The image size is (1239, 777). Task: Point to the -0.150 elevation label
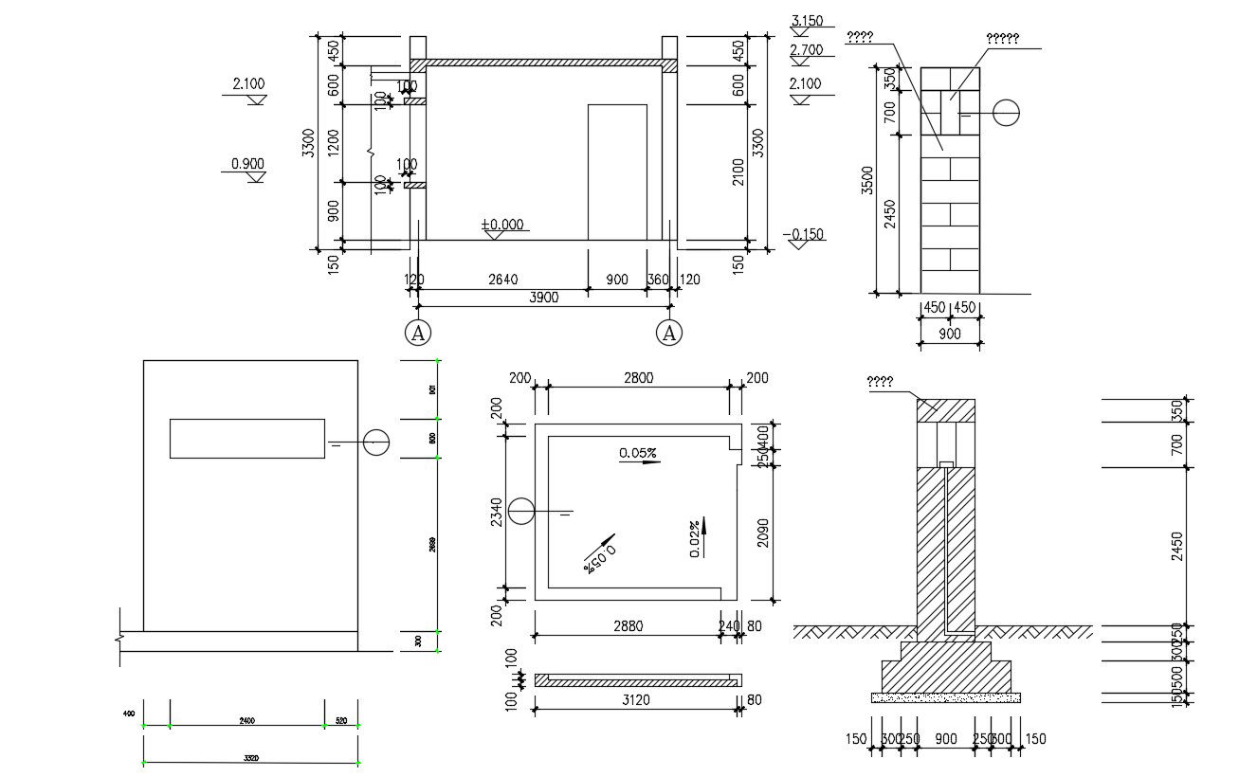tap(803, 234)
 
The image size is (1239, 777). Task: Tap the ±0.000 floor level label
tap(502, 225)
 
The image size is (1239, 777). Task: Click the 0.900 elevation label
tap(247, 164)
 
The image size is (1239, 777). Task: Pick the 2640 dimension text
tap(502, 280)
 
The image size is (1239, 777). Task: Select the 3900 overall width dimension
tap(543, 297)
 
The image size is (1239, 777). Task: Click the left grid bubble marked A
tap(418, 333)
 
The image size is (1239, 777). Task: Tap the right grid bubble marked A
tap(669, 333)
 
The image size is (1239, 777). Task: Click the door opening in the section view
tap(617, 172)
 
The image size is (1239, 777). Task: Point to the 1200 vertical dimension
tap(333, 143)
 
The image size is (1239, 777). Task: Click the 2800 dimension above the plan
tap(638, 378)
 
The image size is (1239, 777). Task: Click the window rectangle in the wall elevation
tap(247, 439)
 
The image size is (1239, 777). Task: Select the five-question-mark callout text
tap(1002, 39)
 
